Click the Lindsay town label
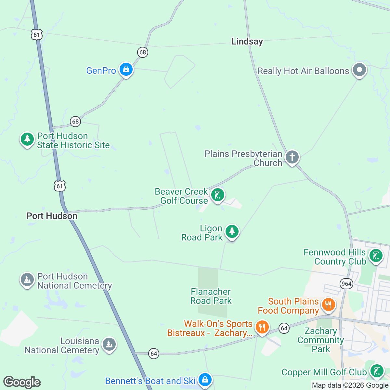click(247, 42)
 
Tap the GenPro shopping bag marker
click(126, 69)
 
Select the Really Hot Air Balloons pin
click(359, 70)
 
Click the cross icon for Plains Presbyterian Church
click(292, 157)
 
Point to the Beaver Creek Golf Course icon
click(217, 195)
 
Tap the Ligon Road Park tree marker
click(232, 231)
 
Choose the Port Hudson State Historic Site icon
click(27, 139)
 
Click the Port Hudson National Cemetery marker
click(27, 279)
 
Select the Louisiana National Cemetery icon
click(109, 344)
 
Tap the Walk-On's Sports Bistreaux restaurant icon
click(262, 327)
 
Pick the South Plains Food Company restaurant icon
click(328, 305)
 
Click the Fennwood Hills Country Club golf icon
click(376, 256)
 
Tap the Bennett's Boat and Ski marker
click(205, 380)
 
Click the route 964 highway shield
click(346, 284)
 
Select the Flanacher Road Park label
click(211, 296)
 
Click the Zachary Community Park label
click(321, 340)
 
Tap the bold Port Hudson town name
click(52, 216)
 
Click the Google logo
click(22, 382)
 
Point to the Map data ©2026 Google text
click(350, 385)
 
